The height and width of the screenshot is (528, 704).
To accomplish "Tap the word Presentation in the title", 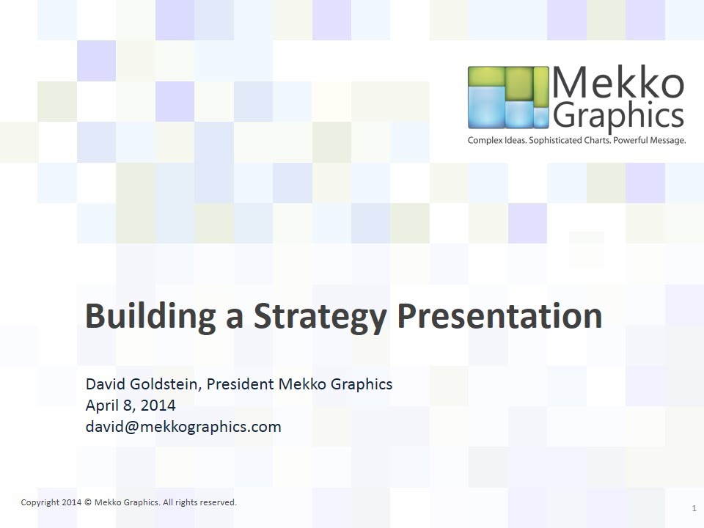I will pos(499,316).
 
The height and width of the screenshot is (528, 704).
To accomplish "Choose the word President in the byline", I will pos(242,384).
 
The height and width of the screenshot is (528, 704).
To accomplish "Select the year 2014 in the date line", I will pos(158,406).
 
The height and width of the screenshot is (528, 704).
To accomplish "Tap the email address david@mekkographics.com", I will pos(183,427).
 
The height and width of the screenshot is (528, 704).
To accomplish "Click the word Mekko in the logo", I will pos(618,84).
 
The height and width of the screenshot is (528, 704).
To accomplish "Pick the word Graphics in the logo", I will pos(618,116).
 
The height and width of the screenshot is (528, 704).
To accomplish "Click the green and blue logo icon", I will pos(508,98).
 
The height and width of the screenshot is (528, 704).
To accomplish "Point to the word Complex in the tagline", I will pos(485,140).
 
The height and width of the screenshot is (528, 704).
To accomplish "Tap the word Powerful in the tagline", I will pos(626,140).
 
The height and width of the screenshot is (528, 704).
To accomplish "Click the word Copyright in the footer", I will pos(40,502).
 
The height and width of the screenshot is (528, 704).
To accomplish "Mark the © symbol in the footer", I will pos(87,502).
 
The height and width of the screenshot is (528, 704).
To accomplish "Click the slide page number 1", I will pos(694,508).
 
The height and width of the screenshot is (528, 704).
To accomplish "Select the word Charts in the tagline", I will pos(595,140).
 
